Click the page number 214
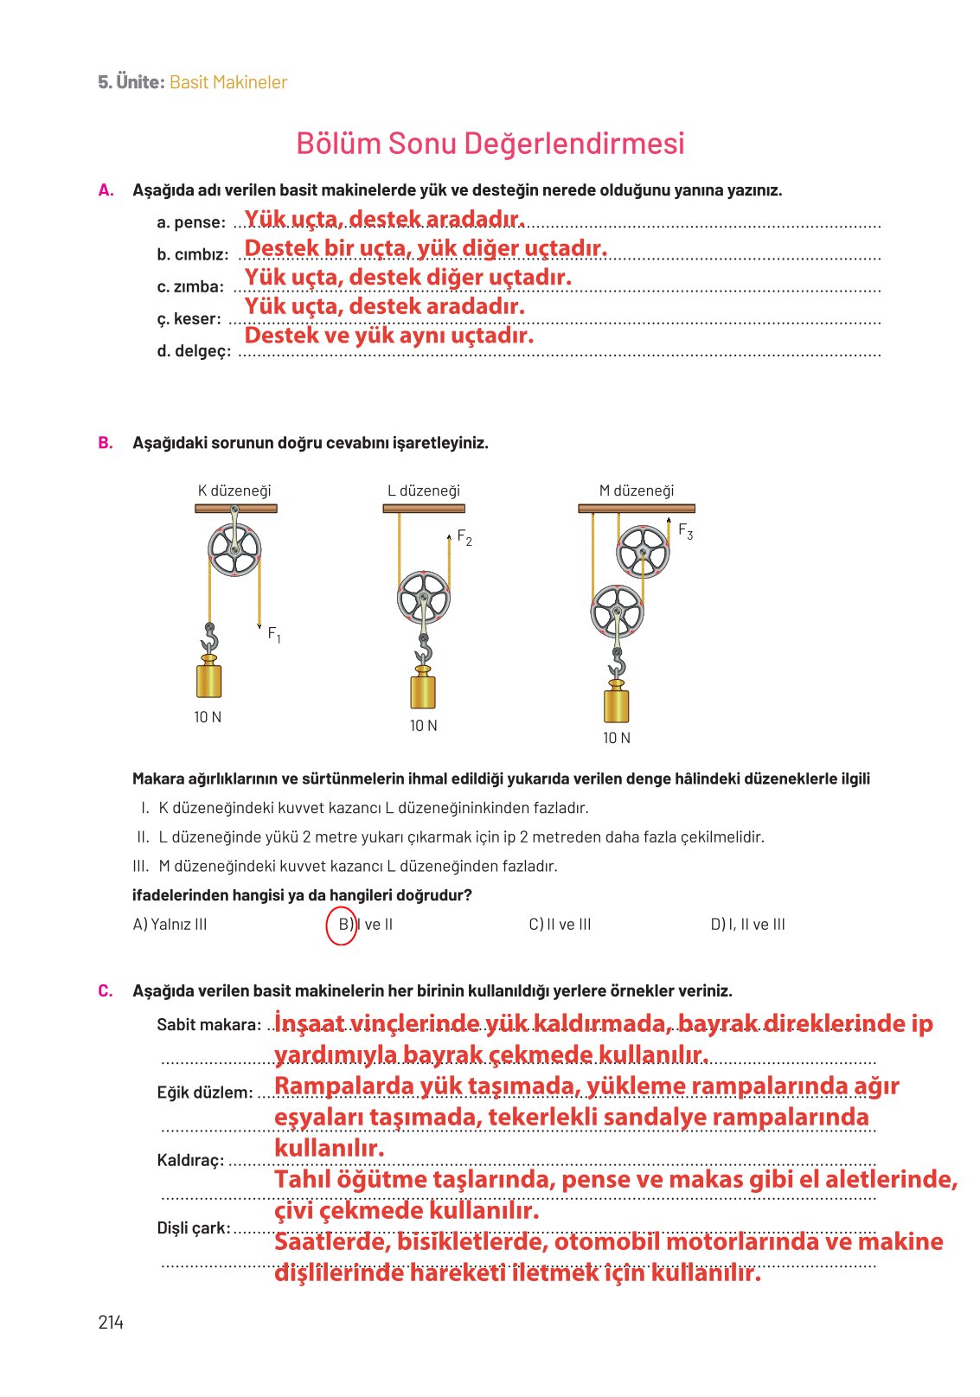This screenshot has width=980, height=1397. click(x=111, y=1322)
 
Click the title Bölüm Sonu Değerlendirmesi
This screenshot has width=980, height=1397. click(x=490, y=143)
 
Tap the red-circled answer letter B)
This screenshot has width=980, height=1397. click(x=343, y=925)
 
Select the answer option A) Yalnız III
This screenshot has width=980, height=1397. click(x=170, y=925)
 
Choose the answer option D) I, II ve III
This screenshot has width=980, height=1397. click(x=747, y=925)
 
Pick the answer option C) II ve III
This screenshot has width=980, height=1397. click(x=560, y=925)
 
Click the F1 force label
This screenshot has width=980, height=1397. click(x=273, y=634)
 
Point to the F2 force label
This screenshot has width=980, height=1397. click(x=464, y=538)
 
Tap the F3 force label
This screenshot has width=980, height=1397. click(x=685, y=531)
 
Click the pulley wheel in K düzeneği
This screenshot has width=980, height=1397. click(x=234, y=549)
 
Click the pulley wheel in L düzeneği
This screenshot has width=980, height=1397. click(x=423, y=597)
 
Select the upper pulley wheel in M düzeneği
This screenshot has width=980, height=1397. click(x=643, y=551)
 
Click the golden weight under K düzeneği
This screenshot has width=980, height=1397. click(x=208, y=678)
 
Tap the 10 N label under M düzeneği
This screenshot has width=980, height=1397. click(x=617, y=738)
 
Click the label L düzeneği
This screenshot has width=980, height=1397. click(x=424, y=490)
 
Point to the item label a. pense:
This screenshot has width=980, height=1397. click(x=191, y=222)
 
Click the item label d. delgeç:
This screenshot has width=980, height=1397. click(x=194, y=351)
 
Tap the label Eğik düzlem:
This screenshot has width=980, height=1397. click(x=205, y=1093)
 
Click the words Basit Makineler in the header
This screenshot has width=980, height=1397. click(x=228, y=82)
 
